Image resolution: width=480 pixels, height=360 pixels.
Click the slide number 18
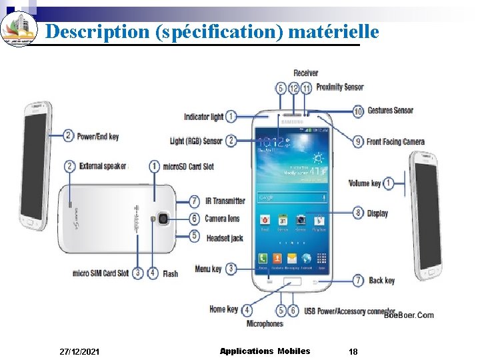(353, 351)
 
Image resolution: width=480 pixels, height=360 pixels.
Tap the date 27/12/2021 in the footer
(80, 351)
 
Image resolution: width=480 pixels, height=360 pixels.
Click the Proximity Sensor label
(340, 87)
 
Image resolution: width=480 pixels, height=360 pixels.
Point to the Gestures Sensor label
(391, 111)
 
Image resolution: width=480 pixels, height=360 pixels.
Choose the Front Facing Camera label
(395, 141)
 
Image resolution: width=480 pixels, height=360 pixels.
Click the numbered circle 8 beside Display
(358, 213)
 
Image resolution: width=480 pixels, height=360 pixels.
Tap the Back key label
(382, 281)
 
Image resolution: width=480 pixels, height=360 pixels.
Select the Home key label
(223, 309)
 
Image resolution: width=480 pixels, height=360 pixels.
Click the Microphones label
(265, 324)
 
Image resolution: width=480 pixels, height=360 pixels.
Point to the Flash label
(170, 273)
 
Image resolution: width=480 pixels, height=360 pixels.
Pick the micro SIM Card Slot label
(101, 273)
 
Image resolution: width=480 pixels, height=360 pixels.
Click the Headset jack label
(225, 237)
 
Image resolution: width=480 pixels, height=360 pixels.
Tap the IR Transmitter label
(225, 201)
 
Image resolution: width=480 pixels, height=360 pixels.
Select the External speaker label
(103, 166)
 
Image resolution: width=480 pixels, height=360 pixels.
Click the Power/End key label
(97, 137)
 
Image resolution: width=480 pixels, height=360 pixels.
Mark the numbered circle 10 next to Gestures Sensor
(358, 111)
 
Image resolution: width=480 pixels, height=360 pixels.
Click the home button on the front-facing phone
(291, 282)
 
